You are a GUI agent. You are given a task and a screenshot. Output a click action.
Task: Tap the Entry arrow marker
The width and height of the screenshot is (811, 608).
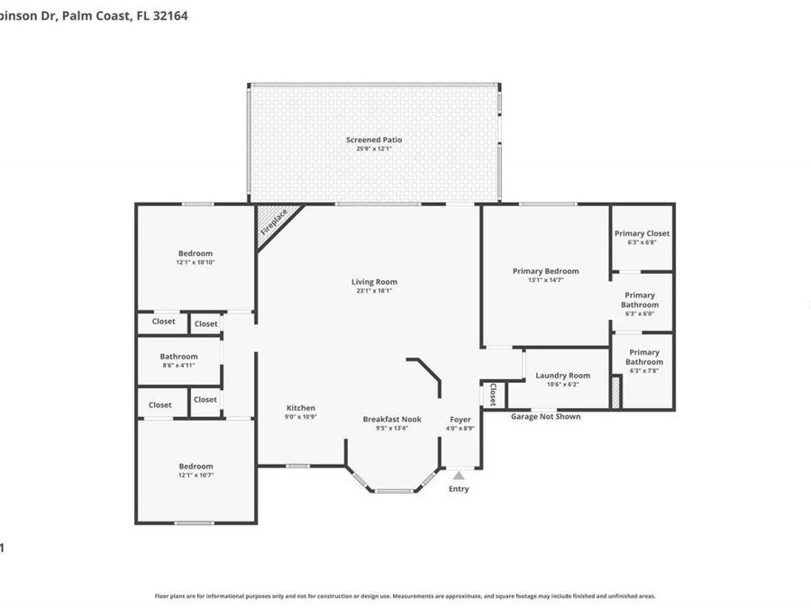(459, 476)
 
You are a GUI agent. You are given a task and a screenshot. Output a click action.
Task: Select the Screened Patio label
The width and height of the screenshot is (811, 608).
(374, 140)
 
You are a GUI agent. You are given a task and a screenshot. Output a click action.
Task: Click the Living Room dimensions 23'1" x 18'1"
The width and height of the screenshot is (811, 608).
(374, 291)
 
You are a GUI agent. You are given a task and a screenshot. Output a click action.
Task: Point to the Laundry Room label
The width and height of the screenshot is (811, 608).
(562, 376)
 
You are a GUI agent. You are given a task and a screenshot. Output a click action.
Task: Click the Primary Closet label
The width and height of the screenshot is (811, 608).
(642, 233)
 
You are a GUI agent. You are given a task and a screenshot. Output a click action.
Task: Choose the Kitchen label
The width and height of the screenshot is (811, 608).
(301, 408)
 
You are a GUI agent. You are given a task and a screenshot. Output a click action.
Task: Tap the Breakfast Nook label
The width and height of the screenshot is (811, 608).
(392, 419)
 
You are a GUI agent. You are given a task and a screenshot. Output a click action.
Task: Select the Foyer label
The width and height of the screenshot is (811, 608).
(460, 419)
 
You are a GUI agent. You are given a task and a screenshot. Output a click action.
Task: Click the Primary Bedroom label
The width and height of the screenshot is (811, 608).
(545, 271)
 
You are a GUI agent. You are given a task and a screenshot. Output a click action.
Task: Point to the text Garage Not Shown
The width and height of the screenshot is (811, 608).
(545, 417)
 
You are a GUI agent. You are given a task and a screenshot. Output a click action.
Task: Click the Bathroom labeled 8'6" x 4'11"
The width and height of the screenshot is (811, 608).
(178, 357)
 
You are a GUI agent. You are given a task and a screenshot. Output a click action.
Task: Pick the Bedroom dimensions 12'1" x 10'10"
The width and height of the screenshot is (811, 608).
(196, 262)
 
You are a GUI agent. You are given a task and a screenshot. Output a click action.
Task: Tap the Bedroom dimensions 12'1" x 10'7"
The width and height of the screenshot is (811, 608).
(196, 475)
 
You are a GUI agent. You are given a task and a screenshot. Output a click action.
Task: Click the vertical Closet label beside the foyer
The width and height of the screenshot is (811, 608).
(492, 394)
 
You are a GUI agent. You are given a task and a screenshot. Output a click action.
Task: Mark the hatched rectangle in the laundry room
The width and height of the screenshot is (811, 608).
(616, 393)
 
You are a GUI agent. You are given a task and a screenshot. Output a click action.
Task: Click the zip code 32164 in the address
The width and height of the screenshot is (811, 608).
(170, 15)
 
